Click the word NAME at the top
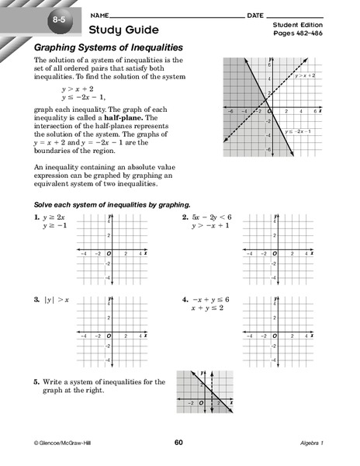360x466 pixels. [x=99, y=15]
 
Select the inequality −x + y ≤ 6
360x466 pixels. [x=213, y=299]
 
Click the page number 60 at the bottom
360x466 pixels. [x=178, y=442]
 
